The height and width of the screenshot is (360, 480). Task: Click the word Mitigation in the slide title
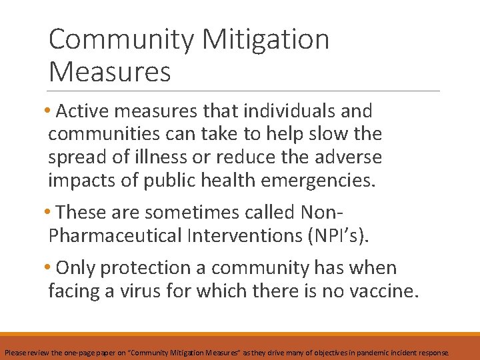point(265,40)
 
